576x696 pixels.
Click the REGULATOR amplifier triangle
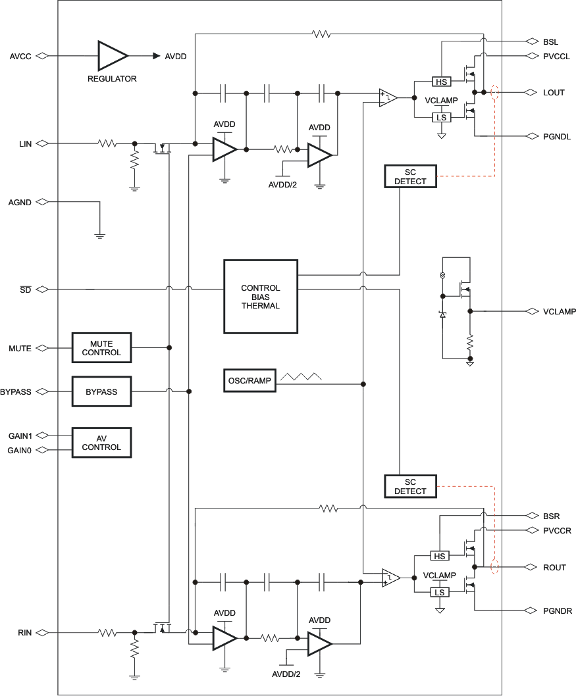pyautogui.click(x=111, y=56)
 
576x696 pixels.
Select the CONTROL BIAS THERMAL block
pyautogui.click(x=261, y=297)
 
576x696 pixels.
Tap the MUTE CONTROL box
pyautogui.click(x=101, y=348)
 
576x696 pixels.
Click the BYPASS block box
pyautogui.click(x=101, y=391)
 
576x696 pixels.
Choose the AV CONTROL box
pyautogui.click(x=101, y=443)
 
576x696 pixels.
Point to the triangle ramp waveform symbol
pyautogui.click(x=301, y=377)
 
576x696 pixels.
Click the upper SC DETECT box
pyautogui.click(x=410, y=176)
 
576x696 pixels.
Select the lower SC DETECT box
pyautogui.click(x=410, y=485)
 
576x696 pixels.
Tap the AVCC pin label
pyautogui.click(x=20, y=56)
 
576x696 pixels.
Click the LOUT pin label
pyautogui.click(x=554, y=93)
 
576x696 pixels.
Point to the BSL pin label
pyautogui.click(x=551, y=41)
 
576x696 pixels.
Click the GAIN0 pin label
pyautogui.click(x=20, y=450)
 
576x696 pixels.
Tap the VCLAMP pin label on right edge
pyautogui.click(x=559, y=311)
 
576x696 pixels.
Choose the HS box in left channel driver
pyautogui.click(x=441, y=82)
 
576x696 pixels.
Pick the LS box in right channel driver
pyautogui.click(x=440, y=592)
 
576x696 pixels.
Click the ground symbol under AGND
pyautogui.click(x=99, y=234)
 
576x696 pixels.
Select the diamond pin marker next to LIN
pyautogui.click(x=42, y=143)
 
